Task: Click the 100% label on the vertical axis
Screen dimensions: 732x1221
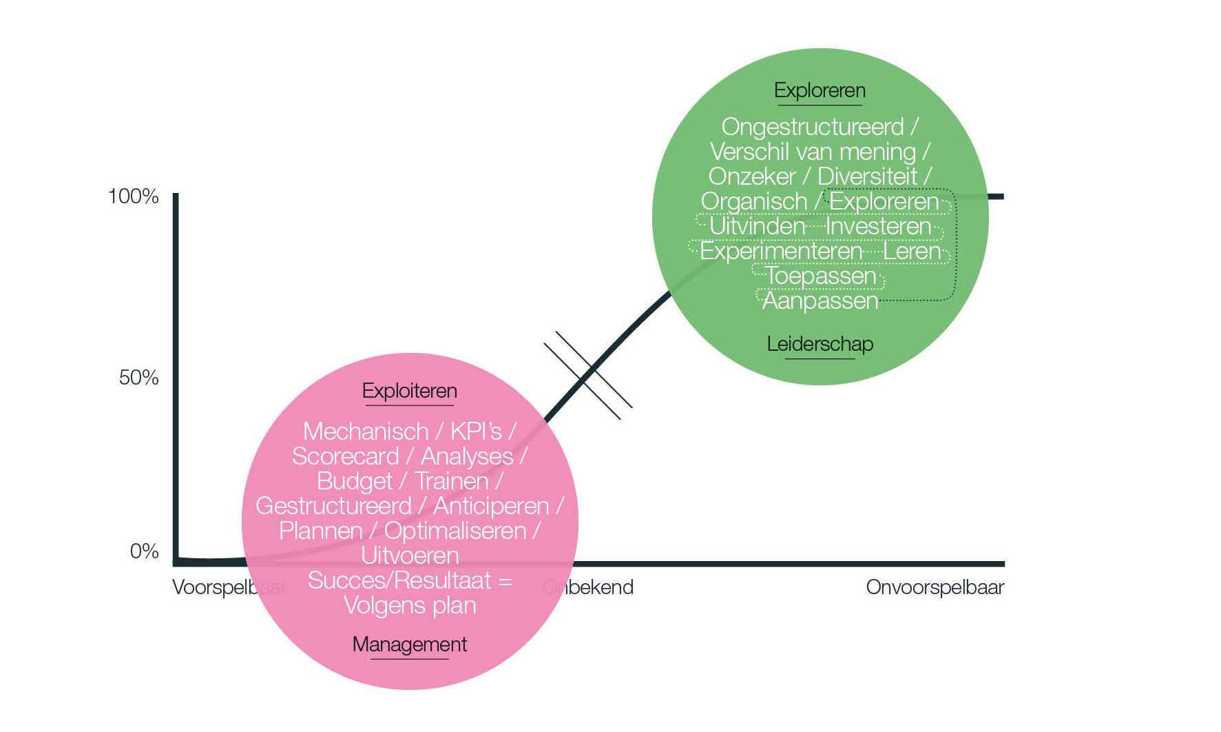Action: click(x=134, y=196)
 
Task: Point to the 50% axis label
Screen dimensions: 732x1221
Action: click(x=138, y=378)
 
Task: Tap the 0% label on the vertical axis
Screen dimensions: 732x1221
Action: click(x=144, y=551)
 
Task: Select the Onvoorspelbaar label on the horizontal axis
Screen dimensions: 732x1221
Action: click(x=935, y=587)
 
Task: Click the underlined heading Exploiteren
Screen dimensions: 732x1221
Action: click(x=409, y=391)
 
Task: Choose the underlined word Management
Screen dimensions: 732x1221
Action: click(x=409, y=644)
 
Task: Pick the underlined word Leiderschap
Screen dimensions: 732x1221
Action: click(x=820, y=344)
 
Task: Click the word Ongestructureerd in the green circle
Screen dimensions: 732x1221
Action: click(x=812, y=127)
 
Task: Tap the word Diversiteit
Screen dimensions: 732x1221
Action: click(x=867, y=176)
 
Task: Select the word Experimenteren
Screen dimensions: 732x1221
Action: click(x=781, y=251)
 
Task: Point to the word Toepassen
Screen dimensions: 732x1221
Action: click(x=820, y=276)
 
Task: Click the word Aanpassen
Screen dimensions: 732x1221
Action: click(x=820, y=301)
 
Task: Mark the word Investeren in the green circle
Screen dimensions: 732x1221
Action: click(x=878, y=226)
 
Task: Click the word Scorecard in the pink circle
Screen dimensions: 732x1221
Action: click(x=345, y=456)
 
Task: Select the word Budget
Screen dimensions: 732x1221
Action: click(x=354, y=481)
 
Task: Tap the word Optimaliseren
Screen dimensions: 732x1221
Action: click(x=455, y=531)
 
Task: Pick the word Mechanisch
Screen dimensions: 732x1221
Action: click(x=366, y=431)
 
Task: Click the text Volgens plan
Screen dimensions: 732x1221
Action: click(x=410, y=605)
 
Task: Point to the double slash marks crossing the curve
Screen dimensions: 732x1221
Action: click(x=588, y=376)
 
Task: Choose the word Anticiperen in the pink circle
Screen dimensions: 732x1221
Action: click(x=491, y=506)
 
